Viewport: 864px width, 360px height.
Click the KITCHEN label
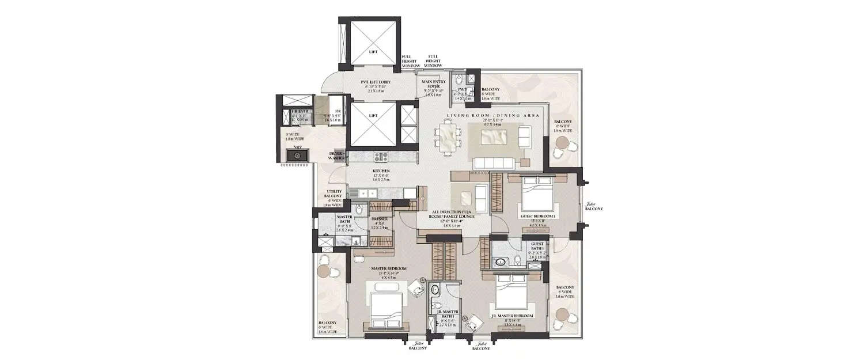381,171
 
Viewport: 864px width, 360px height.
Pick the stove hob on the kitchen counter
381,156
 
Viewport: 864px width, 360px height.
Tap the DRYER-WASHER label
337,156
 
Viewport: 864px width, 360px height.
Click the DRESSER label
380,219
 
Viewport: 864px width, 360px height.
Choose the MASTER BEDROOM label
389,269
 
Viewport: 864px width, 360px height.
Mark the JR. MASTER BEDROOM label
512,316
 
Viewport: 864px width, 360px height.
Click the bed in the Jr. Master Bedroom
513,294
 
